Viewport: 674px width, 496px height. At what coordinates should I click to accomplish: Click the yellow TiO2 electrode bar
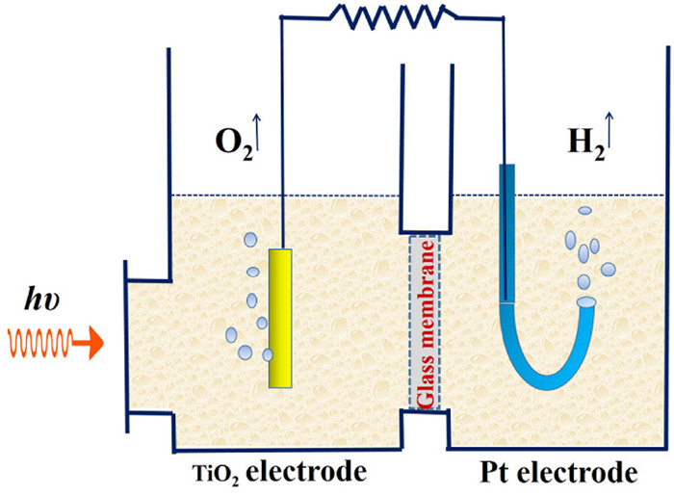point(280,318)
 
